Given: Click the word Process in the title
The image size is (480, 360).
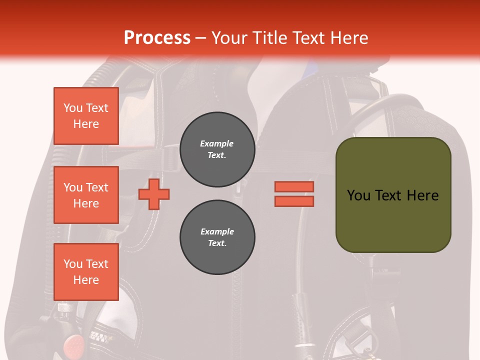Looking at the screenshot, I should point(157,38).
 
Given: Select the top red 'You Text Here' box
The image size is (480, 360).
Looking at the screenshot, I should point(86,116).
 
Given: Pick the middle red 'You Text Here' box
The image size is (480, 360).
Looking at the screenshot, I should point(86,195).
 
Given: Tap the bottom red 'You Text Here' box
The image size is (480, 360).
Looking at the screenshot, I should point(86,272).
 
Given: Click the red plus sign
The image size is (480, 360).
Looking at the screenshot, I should point(154,194).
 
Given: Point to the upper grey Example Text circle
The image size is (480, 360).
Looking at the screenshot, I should point(217,149).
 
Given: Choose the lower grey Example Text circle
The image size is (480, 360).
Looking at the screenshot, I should point(217,237).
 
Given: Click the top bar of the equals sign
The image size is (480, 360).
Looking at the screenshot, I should point(294,187).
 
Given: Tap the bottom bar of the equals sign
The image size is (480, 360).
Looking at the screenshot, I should point(294,201).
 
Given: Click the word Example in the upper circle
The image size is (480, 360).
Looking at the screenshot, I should point(217,143).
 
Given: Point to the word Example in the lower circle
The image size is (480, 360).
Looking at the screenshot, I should point(217,231).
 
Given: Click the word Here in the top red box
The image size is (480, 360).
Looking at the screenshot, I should point(86,124).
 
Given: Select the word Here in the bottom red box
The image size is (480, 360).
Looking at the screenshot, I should point(86,280).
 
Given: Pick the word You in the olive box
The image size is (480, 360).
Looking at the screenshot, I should point(358,195).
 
